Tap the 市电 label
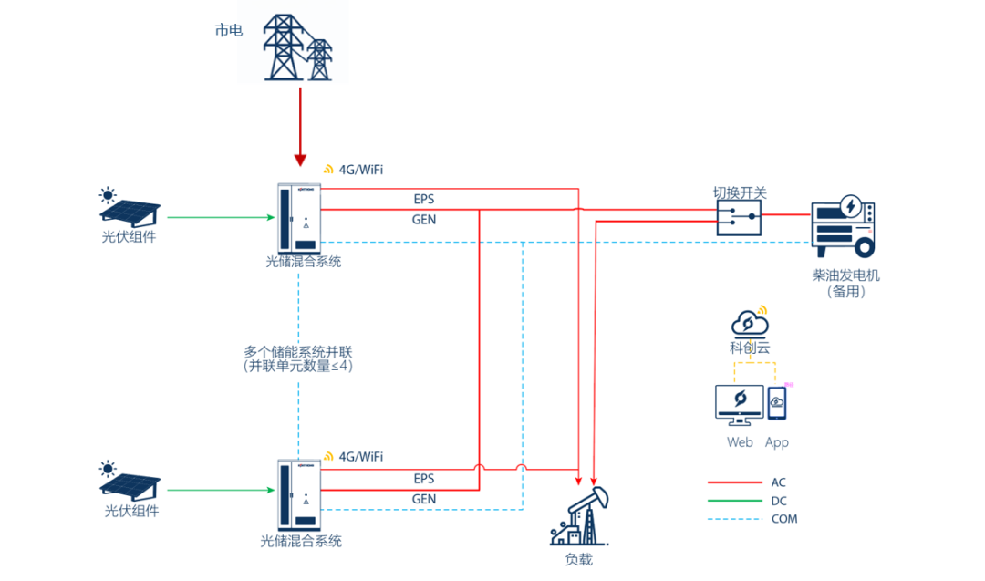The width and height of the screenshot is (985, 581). [229, 30]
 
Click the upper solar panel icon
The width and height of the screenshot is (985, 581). [130, 209]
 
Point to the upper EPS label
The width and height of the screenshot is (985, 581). [424, 199]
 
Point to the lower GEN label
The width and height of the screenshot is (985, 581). [424, 499]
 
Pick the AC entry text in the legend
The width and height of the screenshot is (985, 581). [778, 482]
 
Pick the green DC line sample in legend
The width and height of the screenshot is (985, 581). [734, 501]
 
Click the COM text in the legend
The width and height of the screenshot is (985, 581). [783, 519]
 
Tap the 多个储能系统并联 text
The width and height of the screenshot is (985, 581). [297, 351]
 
